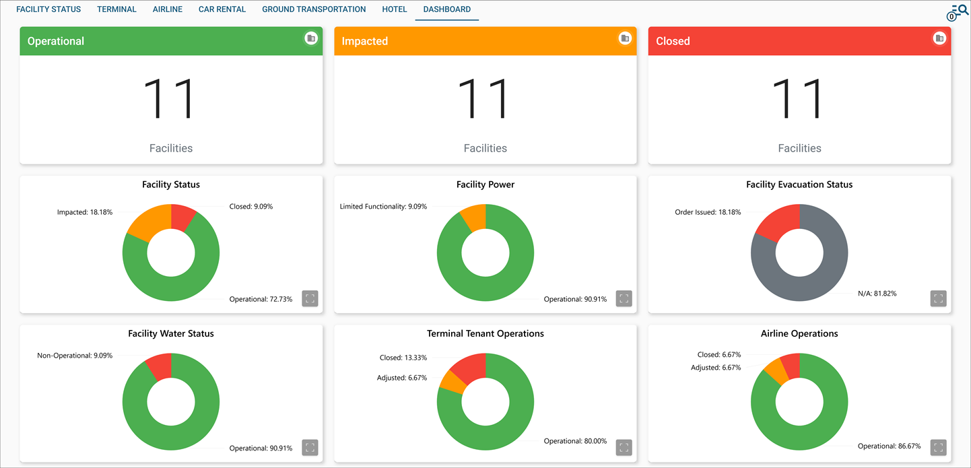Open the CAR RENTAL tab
pyautogui.click(x=222, y=9)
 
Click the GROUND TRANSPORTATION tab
pyautogui.click(x=314, y=9)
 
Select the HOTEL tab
pyautogui.click(x=395, y=9)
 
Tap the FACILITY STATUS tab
pyautogui.click(x=48, y=9)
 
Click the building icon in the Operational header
pyautogui.click(x=311, y=38)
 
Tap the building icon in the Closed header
pyautogui.click(x=939, y=38)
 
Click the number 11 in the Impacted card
pyautogui.click(x=485, y=100)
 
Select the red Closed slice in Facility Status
pyautogui.click(x=182, y=218)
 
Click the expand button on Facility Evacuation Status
pyautogui.click(x=938, y=298)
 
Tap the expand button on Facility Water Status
pyautogui.click(x=310, y=447)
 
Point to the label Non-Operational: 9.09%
pyautogui.click(x=75, y=356)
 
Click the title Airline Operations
pyautogui.click(x=799, y=333)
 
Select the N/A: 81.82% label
pyautogui.click(x=877, y=294)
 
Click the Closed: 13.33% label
pyautogui.click(x=402, y=358)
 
